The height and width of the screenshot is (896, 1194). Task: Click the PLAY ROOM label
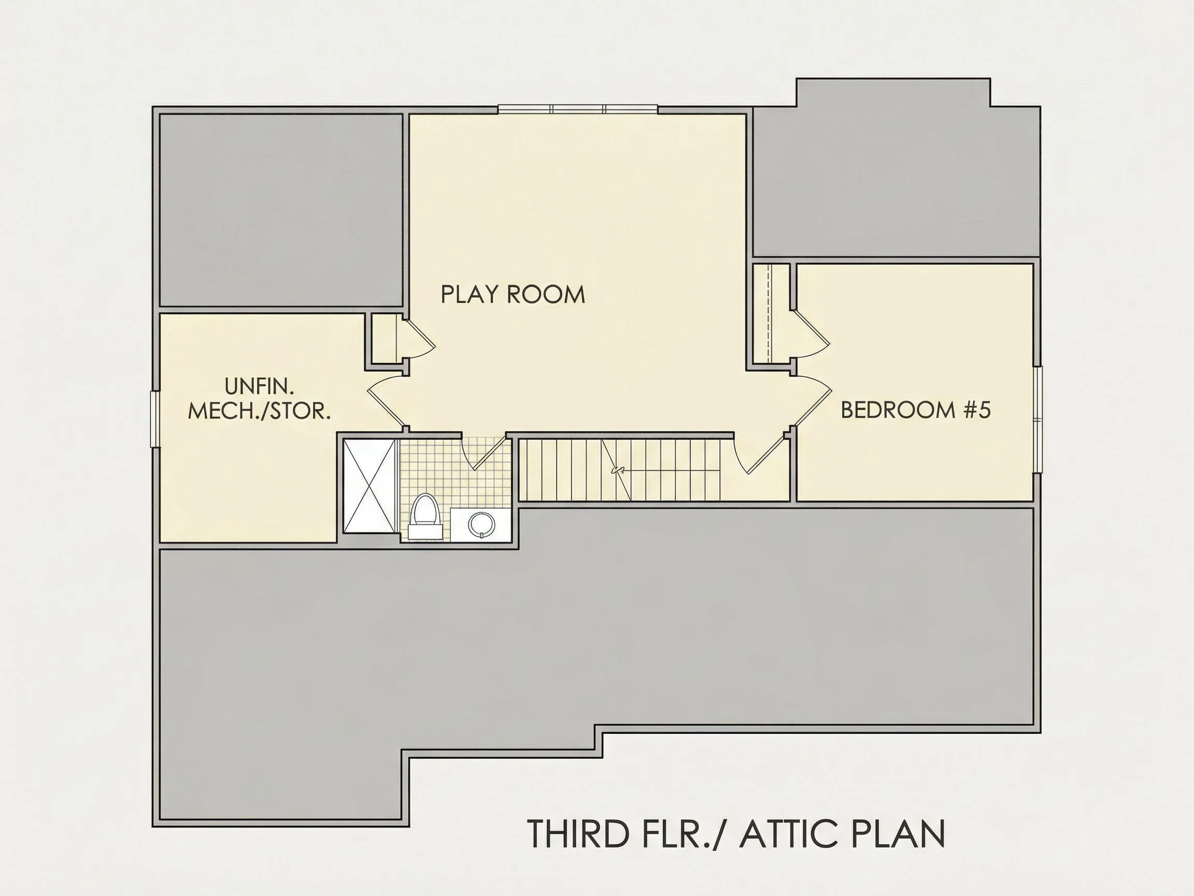coord(513,295)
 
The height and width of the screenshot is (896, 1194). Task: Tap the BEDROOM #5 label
coord(916,410)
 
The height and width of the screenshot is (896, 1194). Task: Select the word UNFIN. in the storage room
coord(259,387)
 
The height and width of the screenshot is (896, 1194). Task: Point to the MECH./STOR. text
coord(259,412)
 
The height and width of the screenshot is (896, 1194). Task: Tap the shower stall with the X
coord(369,486)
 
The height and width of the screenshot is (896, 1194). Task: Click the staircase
coord(619,470)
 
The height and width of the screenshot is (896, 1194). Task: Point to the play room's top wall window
coord(578,109)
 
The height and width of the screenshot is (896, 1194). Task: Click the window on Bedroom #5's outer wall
coord(1037,419)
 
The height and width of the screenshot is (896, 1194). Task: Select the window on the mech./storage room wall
coord(154,419)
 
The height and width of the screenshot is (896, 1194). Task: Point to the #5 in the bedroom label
coord(978,410)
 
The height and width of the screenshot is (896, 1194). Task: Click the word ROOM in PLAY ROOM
coord(546,295)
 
